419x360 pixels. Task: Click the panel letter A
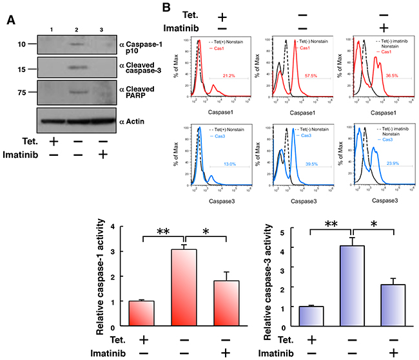pos(11,20)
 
